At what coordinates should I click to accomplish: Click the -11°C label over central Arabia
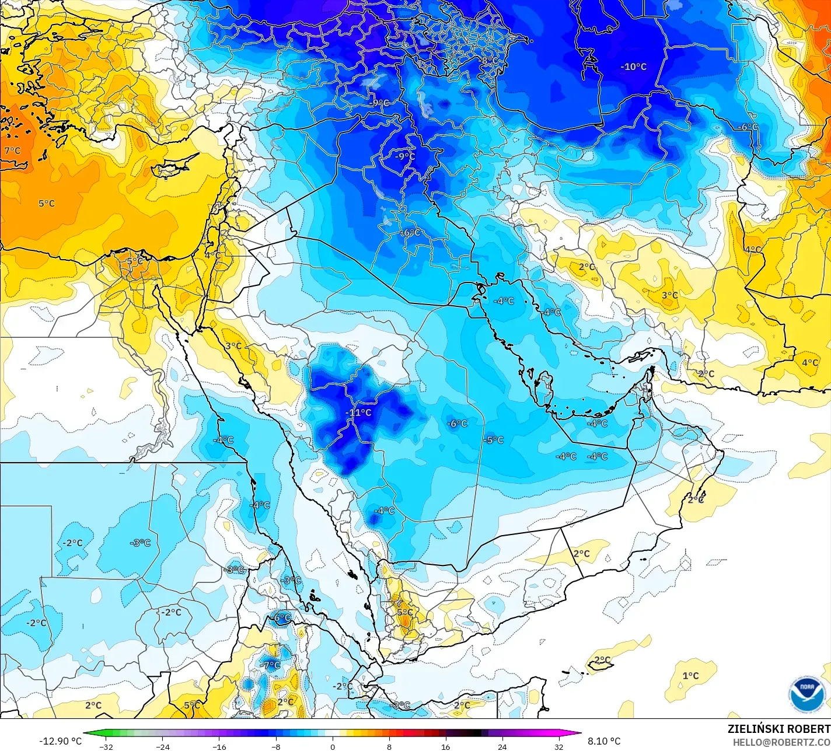point(358,413)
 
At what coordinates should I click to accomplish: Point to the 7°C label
point(12,151)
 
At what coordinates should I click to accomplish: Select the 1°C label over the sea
point(690,676)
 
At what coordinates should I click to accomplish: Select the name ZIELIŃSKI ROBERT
point(778,729)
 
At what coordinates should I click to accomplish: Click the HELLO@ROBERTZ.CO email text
point(781,742)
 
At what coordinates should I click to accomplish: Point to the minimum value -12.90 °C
point(60,741)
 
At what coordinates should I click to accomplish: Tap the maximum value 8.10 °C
point(604,741)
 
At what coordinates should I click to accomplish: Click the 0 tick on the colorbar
point(333,746)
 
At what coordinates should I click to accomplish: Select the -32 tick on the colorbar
point(106,746)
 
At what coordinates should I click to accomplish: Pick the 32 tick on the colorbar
point(559,746)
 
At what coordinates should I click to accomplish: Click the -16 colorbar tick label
point(219,746)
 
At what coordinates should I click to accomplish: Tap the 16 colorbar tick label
point(446,746)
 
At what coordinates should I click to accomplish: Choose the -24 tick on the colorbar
point(162,746)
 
